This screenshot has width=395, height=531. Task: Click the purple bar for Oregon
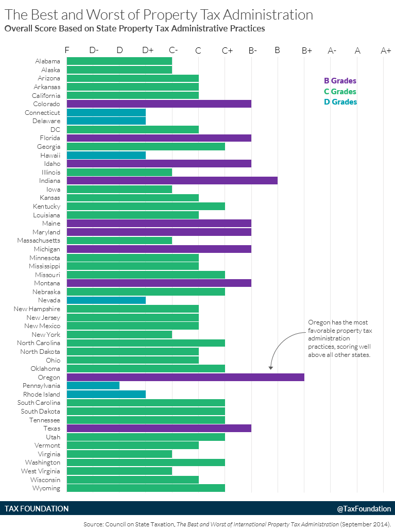tap(185, 377)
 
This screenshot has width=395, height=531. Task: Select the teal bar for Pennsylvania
tap(93, 386)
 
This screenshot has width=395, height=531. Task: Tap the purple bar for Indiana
tap(172, 181)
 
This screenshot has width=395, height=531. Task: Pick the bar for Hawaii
tap(106, 155)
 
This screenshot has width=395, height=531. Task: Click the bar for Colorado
tap(159, 104)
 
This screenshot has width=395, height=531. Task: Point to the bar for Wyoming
tap(146, 488)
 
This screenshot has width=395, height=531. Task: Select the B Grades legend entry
tap(340, 81)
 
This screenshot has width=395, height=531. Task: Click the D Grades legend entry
tap(340, 102)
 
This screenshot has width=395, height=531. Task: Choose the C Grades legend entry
tap(340, 92)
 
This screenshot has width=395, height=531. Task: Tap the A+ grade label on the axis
tap(386, 50)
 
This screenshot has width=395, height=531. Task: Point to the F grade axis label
tap(67, 50)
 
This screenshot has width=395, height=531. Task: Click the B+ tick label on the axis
tap(307, 50)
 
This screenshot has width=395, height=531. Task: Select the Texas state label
tap(52, 429)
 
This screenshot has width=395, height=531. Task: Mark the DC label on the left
tap(55, 130)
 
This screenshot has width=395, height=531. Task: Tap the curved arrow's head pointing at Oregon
tap(271, 368)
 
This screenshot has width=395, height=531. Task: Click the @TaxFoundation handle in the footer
tap(364, 509)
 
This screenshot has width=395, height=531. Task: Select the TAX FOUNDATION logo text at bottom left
tap(37, 509)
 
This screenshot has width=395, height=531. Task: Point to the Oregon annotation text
tap(339, 339)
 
